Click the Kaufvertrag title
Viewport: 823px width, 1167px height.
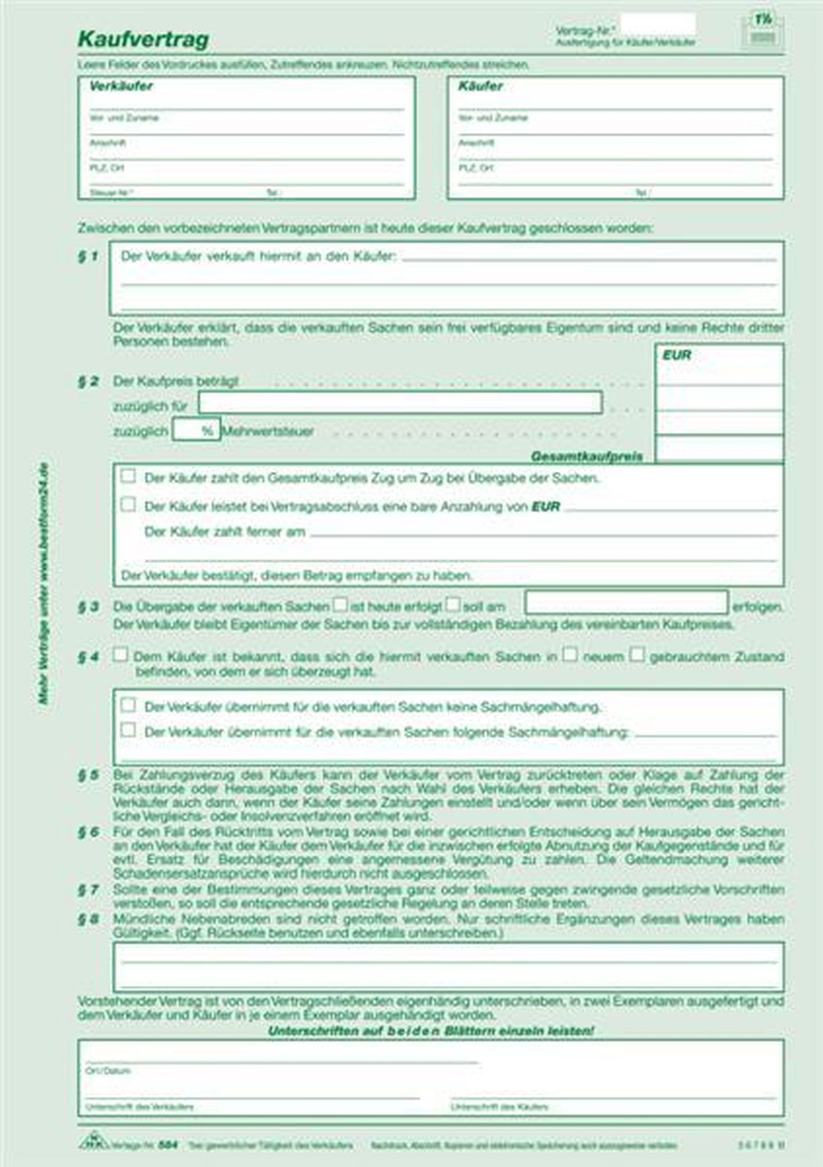[x=143, y=39]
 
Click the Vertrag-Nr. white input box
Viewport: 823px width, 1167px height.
[x=657, y=25]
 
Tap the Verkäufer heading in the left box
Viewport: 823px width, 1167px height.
[x=121, y=87]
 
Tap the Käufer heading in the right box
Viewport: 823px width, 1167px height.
[x=480, y=87]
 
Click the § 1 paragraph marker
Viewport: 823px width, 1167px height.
[x=88, y=256]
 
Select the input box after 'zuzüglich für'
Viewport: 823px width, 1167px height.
[x=400, y=403]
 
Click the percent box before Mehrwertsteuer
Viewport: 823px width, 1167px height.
[x=195, y=430]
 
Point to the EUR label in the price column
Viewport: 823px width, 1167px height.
[x=677, y=356]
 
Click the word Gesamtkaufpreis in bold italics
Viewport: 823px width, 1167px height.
[x=586, y=456]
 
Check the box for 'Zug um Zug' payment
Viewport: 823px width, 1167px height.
[x=128, y=476]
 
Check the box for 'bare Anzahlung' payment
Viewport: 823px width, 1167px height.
[x=128, y=504]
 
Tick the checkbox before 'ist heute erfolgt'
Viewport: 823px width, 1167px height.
[x=340, y=604]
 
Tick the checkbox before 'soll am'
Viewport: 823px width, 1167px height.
[x=453, y=604]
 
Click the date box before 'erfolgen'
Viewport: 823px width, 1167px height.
[x=626, y=603]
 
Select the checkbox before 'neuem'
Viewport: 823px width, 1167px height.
[x=570, y=654]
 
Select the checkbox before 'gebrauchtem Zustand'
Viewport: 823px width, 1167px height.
[x=637, y=654]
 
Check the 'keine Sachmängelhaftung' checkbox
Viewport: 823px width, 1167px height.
[x=128, y=705]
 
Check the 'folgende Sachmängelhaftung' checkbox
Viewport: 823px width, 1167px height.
[x=128, y=730]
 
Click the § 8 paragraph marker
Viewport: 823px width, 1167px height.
[x=88, y=919]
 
